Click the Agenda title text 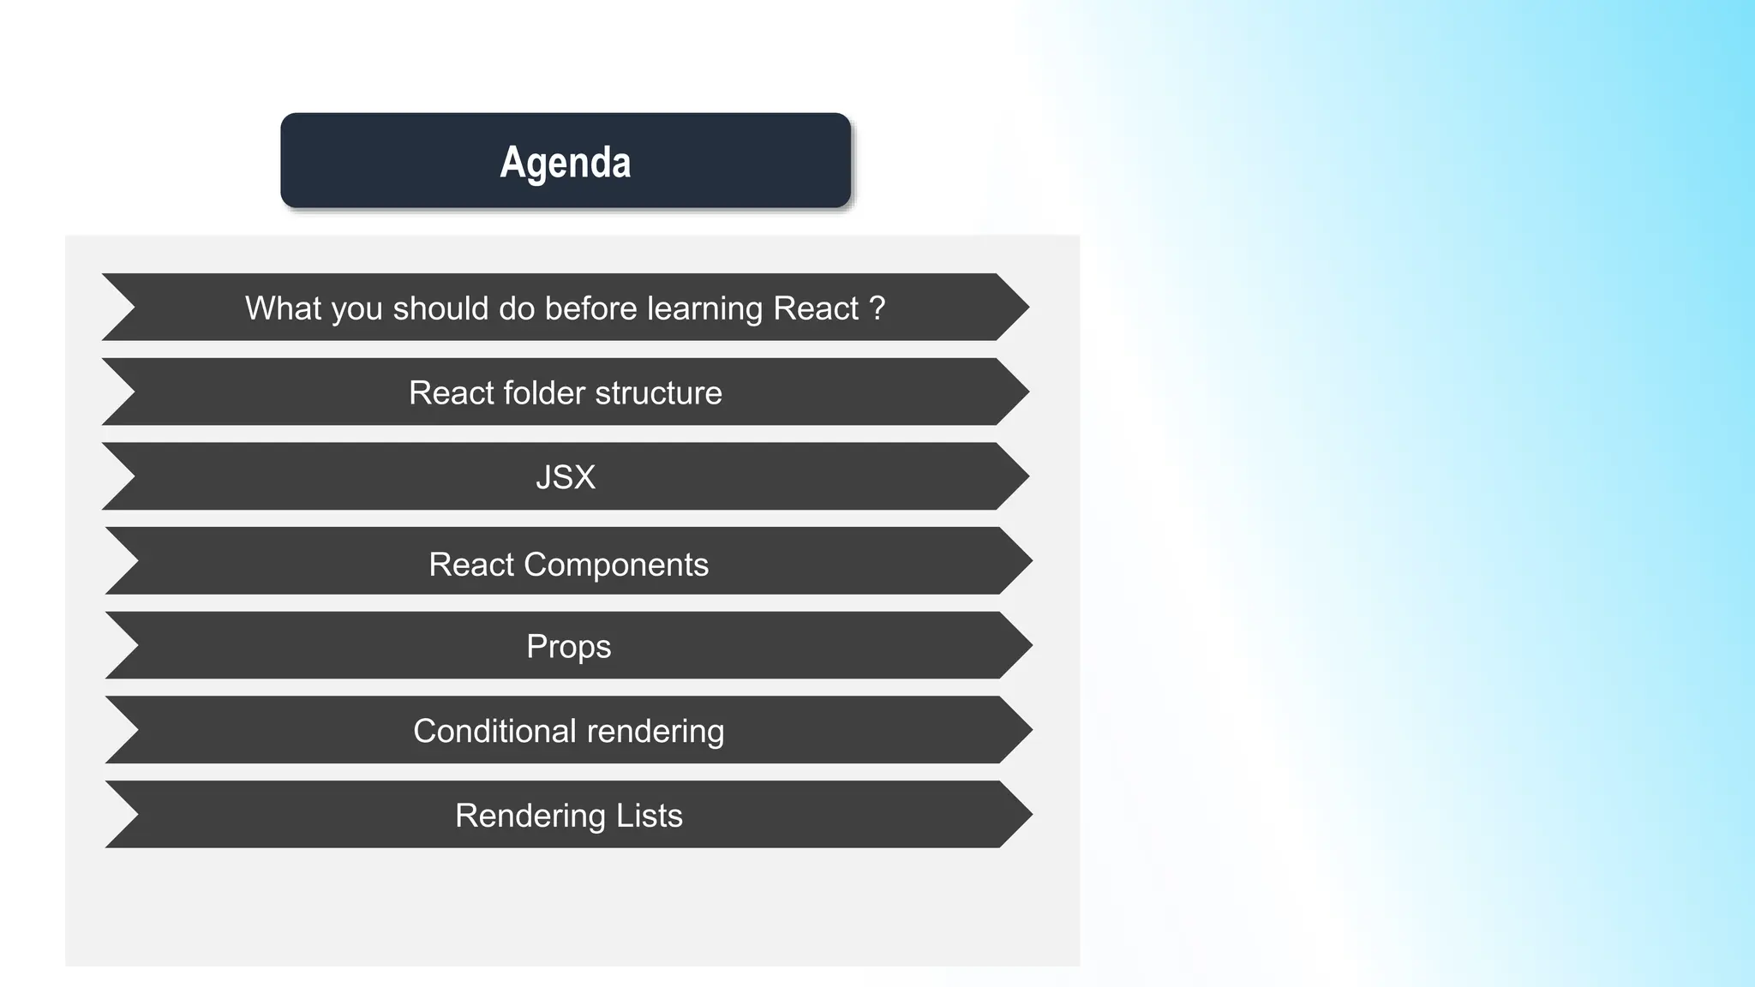pyautogui.click(x=565, y=162)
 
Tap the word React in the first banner pyautogui.click(x=815, y=308)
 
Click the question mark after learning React pyautogui.click(x=877, y=308)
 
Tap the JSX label pyautogui.click(x=565, y=477)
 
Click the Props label pyautogui.click(x=568, y=647)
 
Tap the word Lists pyautogui.click(x=649, y=816)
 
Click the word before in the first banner pyautogui.click(x=590, y=308)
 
